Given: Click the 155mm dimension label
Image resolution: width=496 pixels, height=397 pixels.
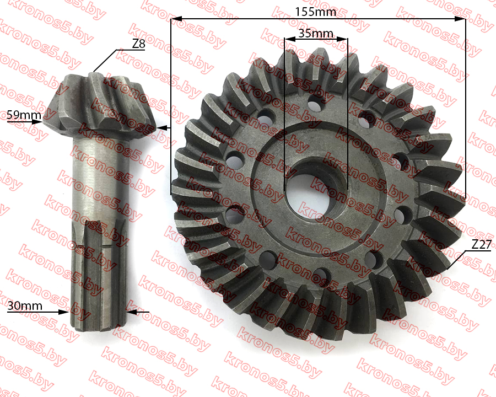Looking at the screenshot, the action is tap(315, 12).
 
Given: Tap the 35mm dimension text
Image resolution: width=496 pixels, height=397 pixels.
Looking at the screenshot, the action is tap(316, 33).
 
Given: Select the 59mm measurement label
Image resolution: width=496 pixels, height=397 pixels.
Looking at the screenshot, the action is tap(24, 115).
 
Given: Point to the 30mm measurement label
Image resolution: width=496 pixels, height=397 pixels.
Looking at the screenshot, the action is tap(25, 306).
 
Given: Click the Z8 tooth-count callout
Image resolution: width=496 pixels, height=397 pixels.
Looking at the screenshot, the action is tap(138, 44).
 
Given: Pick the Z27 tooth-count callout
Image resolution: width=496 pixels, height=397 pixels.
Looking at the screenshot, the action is tap(481, 244).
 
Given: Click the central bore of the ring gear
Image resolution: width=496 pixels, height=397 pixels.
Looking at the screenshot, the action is tap(316, 191).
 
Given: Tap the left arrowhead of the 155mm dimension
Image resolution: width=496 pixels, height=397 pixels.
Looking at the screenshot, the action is tap(176, 19).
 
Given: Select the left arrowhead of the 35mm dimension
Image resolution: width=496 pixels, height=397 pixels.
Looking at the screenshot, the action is tap(290, 39).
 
